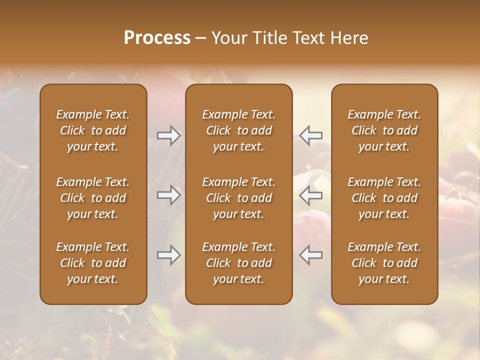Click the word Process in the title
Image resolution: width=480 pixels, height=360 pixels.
[157, 38]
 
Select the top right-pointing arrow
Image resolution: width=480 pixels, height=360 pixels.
[169, 135]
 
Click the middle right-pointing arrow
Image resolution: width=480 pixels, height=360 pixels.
[169, 195]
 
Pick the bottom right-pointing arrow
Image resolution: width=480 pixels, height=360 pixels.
[169, 255]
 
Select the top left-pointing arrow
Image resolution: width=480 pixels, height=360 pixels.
[310, 135]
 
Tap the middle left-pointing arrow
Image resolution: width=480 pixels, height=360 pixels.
[310, 195]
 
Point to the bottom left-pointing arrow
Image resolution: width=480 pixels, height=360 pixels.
[310, 255]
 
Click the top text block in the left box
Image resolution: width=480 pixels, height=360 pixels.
[93, 130]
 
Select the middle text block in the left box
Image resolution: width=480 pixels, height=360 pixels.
[93, 198]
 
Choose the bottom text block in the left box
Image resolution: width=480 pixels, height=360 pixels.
[93, 263]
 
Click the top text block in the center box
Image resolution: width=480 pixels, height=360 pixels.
[238, 130]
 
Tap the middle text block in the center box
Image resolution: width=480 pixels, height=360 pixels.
[238, 198]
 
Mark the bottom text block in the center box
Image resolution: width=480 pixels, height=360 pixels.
[238, 263]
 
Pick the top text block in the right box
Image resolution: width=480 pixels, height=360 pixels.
[384, 130]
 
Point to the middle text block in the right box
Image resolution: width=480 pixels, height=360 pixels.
[384, 198]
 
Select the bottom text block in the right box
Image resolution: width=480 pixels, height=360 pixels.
[384, 263]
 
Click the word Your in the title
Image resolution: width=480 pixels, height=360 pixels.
[228, 38]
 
